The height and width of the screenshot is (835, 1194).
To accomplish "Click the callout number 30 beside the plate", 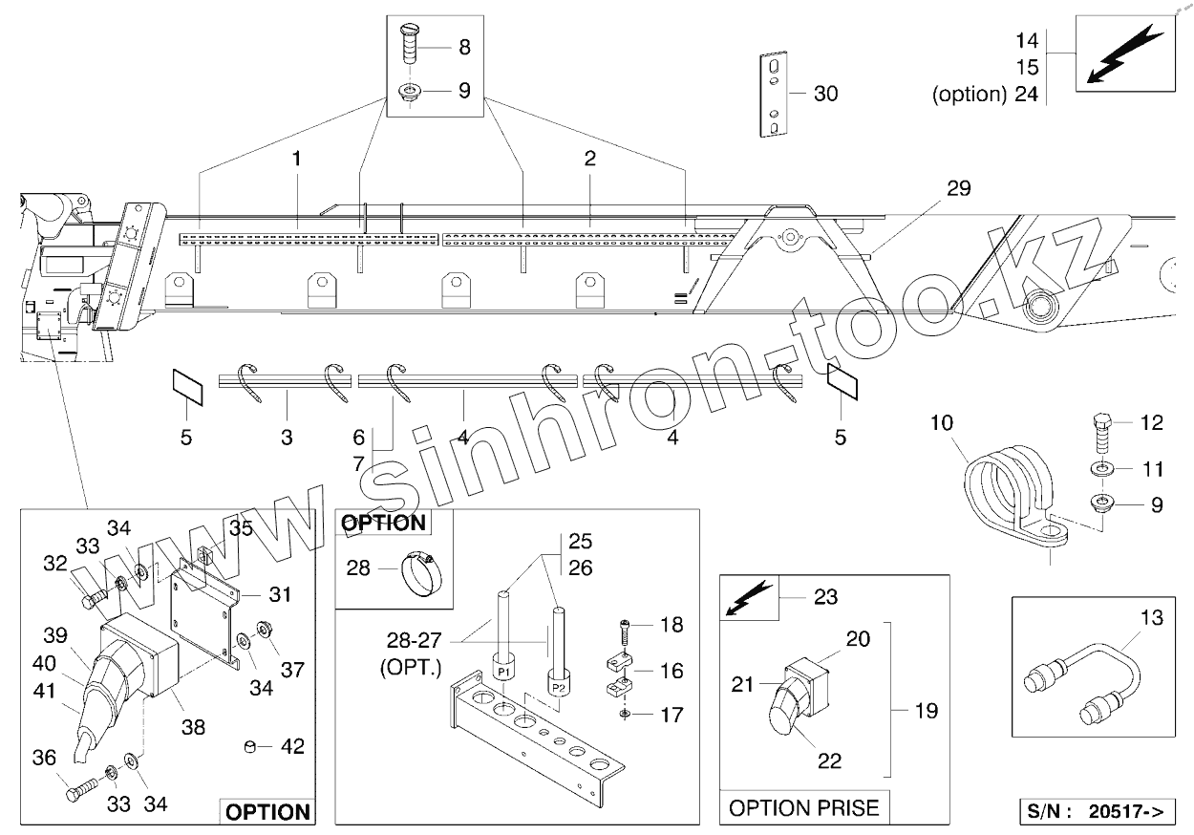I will pyautogui.click(x=825, y=94).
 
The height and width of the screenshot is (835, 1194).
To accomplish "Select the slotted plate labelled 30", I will pyautogui.click(x=773, y=95).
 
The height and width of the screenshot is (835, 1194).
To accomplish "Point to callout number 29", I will pyautogui.click(x=958, y=188).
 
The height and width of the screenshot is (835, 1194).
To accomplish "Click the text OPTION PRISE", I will pyautogui.click(x=803, y=808).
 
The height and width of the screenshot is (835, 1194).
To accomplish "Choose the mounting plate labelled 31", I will pyautogui.click(x=204, y=621).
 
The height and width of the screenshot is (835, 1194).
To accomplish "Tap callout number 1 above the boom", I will pyautogui.click(x=297, y=159).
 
